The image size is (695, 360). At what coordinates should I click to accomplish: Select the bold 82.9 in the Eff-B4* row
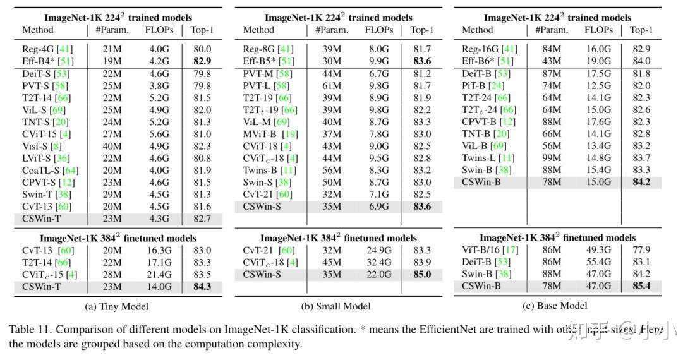pyautogui.click(x=202, y=61)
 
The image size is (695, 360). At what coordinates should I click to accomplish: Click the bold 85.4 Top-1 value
pyautogui.click(x=641, y=285)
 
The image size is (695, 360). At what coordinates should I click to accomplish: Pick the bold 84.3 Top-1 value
pyautogui.click(x=202, y=285)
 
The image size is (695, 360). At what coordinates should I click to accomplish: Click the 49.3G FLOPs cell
pyautogui.click(x=598, y=249)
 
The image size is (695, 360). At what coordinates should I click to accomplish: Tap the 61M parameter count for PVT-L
pyautogui.click(x=327, y=85)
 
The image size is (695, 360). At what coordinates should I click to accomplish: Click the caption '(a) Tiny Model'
pyautogui.click(x=117, y=306)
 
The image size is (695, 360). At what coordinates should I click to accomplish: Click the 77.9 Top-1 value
pyautogui.click(x=641, y=249)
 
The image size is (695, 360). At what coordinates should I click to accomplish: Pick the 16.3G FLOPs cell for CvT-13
pyautogui.click(x=159, y=249)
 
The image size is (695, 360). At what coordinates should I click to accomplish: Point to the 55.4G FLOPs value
pyautogui.click(x=598, y=261)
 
